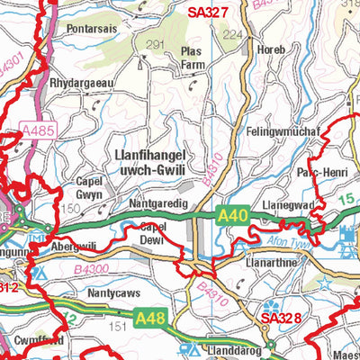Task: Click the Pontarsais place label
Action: pos(94,28)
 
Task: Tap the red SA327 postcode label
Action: pos(209,12)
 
